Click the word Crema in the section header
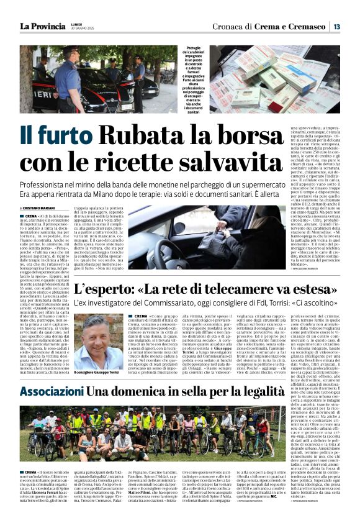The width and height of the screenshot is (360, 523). (x=270, y=27)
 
